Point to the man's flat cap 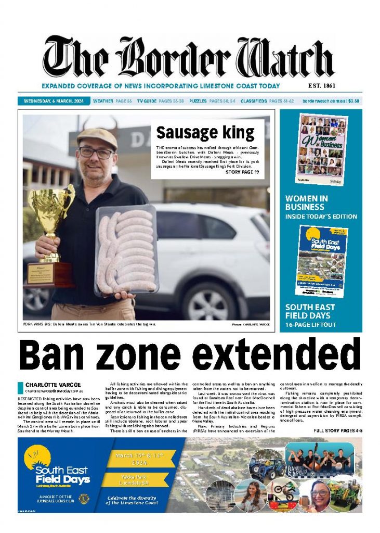tap(97, 137)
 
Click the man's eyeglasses tap(96, 153)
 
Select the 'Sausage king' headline tap(205, 133)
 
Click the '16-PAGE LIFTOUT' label tap(311, 325)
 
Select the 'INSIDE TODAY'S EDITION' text tap(321, 217)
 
